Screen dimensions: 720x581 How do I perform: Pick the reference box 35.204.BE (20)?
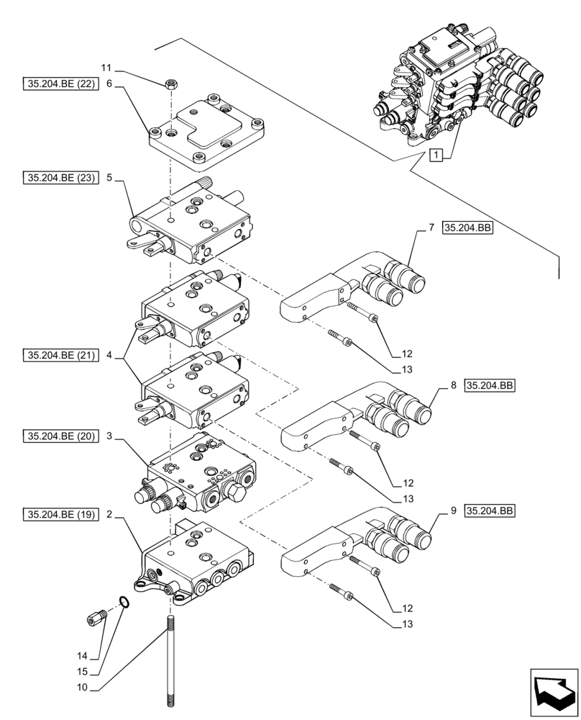pyautogui.click(x=59, y=437)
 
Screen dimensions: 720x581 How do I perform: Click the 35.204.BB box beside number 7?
pyautogui.click(x=467, y=228)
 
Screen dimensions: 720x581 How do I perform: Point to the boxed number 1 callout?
pyautogui.click(x=435, y=154)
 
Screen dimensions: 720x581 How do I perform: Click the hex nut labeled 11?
pyautogui.click(x=172, y=84)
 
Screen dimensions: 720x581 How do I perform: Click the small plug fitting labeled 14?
pyautogui.click(x=96, y=617)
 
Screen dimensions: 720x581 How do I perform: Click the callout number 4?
pyautogui.click(x=109, y=355)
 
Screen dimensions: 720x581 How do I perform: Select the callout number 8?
pyautogui.click(x=454, y=386)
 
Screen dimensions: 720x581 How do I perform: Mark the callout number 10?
pyautogui.click(x=82, y=688)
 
